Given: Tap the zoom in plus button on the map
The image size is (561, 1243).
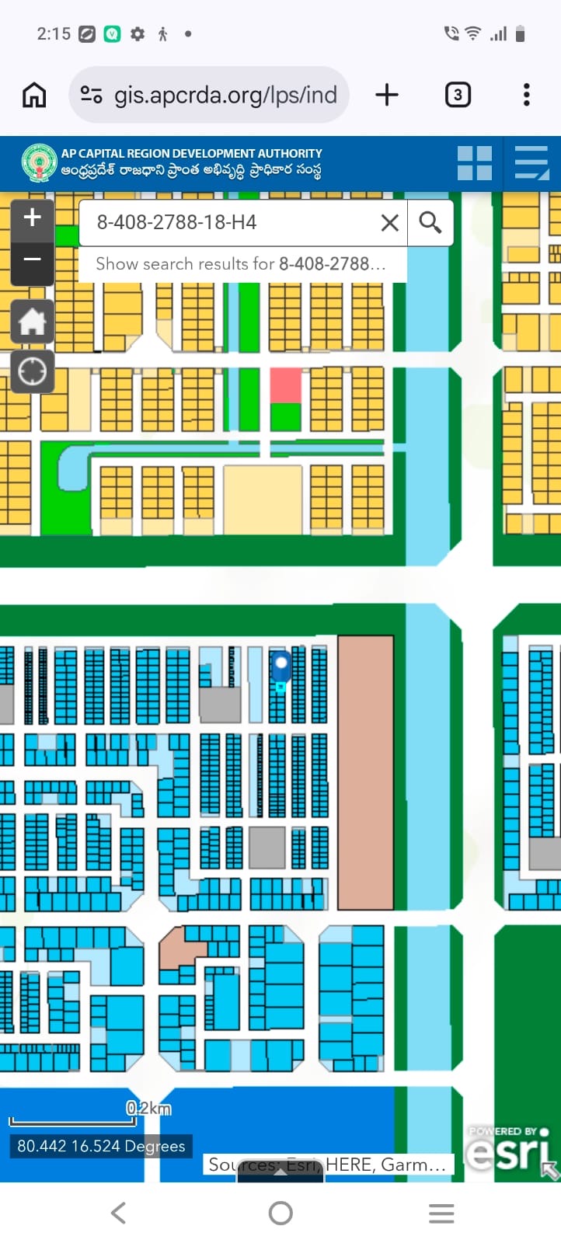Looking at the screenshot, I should pos(32,218).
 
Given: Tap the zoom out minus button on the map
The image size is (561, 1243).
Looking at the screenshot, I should pos(32,259).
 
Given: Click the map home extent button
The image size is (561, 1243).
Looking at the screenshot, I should pos(32,321).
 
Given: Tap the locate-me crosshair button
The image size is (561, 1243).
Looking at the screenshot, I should pos(32,371).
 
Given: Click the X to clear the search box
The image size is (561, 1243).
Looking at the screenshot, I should pos(389,223).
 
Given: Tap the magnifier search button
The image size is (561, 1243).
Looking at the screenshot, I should pos(430,223).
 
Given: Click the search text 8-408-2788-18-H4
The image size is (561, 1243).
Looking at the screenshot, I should pos(177,223).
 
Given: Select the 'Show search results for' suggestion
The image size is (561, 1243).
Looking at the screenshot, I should pos(241,264).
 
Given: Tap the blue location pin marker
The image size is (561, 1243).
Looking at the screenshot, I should pos(280,667).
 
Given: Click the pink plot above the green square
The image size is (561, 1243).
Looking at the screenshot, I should pos(285,386).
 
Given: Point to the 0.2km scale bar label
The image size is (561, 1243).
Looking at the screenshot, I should pos(148,1108).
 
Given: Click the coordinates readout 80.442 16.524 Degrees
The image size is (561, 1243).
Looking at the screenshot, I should pos(101,1146).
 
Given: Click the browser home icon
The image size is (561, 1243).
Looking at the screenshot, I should pos(34,95).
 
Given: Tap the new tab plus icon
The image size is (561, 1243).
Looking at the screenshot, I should pos(386,95).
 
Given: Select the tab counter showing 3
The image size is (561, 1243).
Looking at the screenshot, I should pos(458,95).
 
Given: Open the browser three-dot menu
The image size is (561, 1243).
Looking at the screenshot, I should pos(527,95).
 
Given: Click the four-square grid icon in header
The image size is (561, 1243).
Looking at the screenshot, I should pos(474,163).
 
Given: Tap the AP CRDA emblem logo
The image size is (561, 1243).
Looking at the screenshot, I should pos(39,163).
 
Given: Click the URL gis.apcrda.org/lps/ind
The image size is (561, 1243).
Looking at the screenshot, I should pos(225,96).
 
